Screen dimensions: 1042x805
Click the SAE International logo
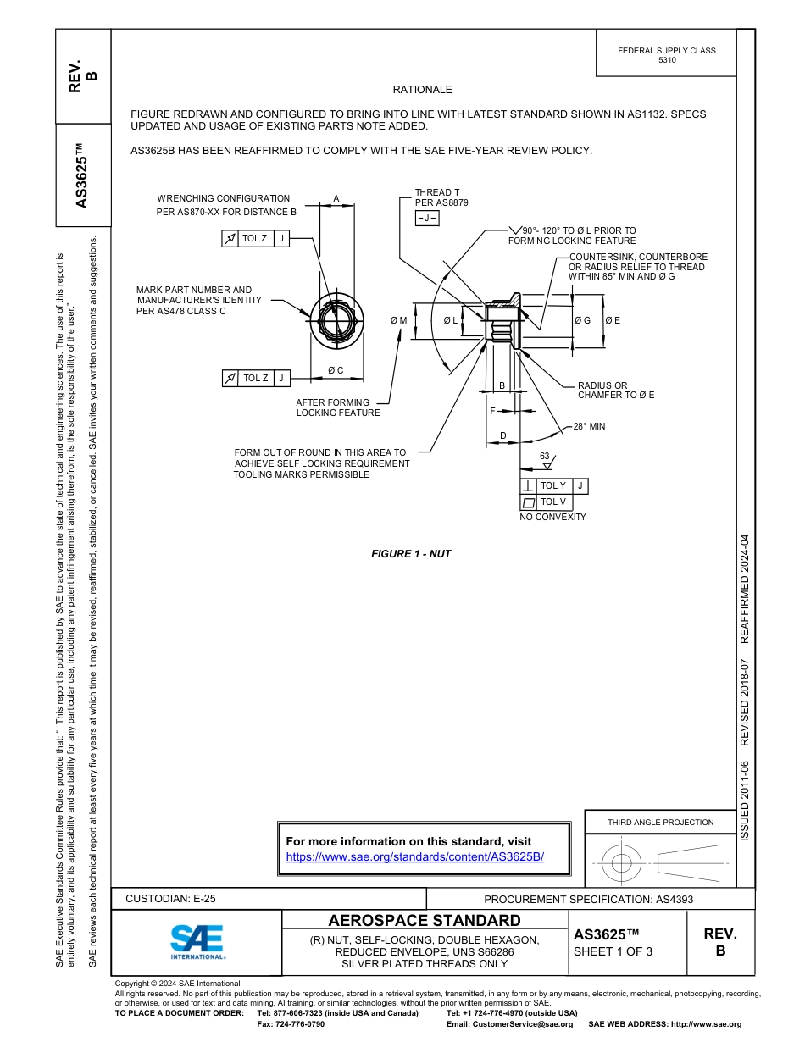pyautogui.click(x=197, y=941)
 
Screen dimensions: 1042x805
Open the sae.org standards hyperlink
pyautogui.click(x=414, y=856)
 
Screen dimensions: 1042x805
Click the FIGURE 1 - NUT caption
pyautogui.click(x=411, y=554)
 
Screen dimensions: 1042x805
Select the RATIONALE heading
pyautogui.click(x=422, y=90)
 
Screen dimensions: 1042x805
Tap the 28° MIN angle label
pyautogui.click(x=589, y=426)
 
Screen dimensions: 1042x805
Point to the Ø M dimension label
pyautogui.click(x=398, y=320)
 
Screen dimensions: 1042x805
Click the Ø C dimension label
pyautogui.click(x=336, y=370)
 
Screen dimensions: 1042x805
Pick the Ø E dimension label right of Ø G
pyautogui.click(x=612, y=320)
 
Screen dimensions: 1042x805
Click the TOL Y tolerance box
pyautogui.click(x=553, y=485)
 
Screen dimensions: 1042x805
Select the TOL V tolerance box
pyautogui.click(x=553, y=502)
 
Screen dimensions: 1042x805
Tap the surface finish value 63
pyautogui.click(x=545, y=457)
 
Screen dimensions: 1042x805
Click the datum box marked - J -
pyautogui.click(x=426, y=219)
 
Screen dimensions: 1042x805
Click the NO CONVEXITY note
pyautogui.click(x=552, y=517)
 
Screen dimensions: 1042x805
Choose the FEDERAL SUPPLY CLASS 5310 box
pyautogui.click(x=666, y=55)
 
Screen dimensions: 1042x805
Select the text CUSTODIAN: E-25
pyautogui.click(x=175, y=899)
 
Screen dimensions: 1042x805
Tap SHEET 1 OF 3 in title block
pyautogui.click(x=613, y=951)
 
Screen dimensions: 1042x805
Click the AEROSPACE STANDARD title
pyautogui.click(x=425, y=921)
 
